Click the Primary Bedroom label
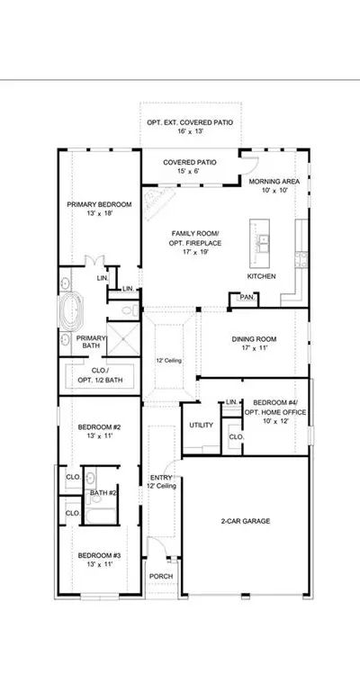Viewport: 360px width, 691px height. pyautogui.click(x=99, y=204)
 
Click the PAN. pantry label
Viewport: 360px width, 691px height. pyautogui.click(x=247, y=298)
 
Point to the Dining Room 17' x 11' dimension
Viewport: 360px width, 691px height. pyautogui.click(x=254, y=347)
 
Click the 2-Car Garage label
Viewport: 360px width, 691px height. pyautogui.click(x=246, y=521)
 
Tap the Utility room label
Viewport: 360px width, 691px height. pyautogui.click(x=201, y=426)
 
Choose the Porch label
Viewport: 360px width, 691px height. pyautogui.click(x=161, y=577)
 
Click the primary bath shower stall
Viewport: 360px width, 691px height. pyautogui.click(x=123, y=339)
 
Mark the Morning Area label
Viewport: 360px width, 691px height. pyautogui.click(x=274, y=182)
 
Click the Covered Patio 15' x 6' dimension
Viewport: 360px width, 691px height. pyautogui.click(x=190, y=172)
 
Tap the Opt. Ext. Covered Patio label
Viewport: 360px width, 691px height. pyautogui.click(x=190, y=122)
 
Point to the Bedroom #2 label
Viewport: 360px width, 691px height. pyautogui.click(x=99, y=427)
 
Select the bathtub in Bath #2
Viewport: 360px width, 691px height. pyautogui.click(x=101, y=516)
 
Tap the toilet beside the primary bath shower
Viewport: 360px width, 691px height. pyautogui.click(x=130, y=311)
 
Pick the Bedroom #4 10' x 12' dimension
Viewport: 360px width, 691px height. pyautogui.click(x=275, y=421)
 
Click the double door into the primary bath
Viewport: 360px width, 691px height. pyautogui.click(x=94, y=261)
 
